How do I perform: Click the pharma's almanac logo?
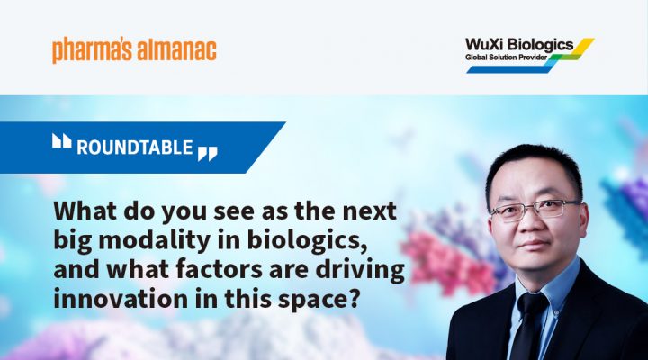point(134,50)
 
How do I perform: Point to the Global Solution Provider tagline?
point(506,58)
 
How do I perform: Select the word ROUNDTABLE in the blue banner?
point(135,148)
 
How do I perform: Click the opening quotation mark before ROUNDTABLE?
point(61,140)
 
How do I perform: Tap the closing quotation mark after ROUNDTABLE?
point(208,153)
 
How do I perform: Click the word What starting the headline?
point(85,211)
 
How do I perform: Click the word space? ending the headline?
point(318,300)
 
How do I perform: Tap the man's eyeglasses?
point(535,208)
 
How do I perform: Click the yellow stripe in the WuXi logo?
point(580,45)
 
